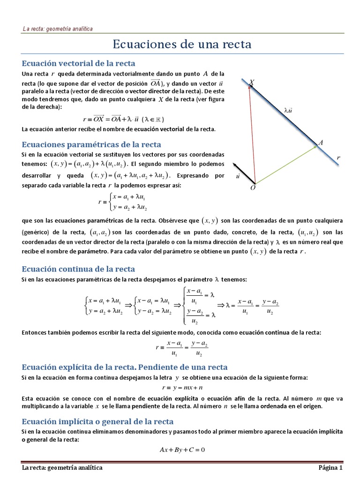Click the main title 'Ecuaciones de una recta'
(182, 45)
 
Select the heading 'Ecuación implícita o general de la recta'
(98, 421)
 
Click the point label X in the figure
(252, 82)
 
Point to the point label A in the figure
(321, 142)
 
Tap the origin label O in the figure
(253, 187)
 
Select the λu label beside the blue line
(288, 111)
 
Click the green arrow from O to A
(286, 164)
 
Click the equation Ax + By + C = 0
(182, 450)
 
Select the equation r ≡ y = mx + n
(182, 388)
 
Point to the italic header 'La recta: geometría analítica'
(58, 29)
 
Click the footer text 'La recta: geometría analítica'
(62, 468)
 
